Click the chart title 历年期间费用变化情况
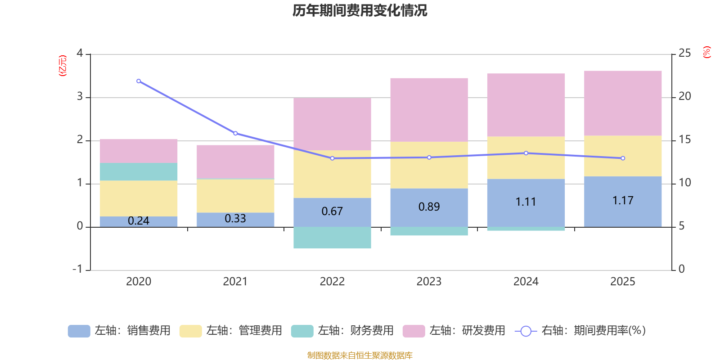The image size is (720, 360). click(x=360, y=10)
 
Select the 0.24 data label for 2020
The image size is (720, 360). click(x=139, y=221)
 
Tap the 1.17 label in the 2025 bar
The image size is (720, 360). click(x=623, y=201)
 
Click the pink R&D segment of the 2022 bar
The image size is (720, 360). click(x=332, y=124)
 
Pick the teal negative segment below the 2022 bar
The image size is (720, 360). click(x=332, y=238)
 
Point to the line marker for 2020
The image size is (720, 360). click(x=139, y=81)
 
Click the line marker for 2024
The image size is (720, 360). click(x=526, y=153)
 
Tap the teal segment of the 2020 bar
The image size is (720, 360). click(x=139, y=171)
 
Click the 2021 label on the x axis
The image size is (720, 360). click(x=235, y=282)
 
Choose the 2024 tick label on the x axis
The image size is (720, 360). click(x=526, y=282)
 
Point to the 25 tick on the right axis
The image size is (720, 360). click(x=684, y=54)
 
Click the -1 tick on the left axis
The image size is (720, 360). click(x=78, y=269)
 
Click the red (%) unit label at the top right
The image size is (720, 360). click(x=706, y=52)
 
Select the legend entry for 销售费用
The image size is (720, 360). click(x=119, y=331)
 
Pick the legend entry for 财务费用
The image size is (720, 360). click(x=342, y=331)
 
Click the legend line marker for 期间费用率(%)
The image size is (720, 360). click(x=526, y=331)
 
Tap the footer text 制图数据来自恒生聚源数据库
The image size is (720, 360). click(x=360, y=355)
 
